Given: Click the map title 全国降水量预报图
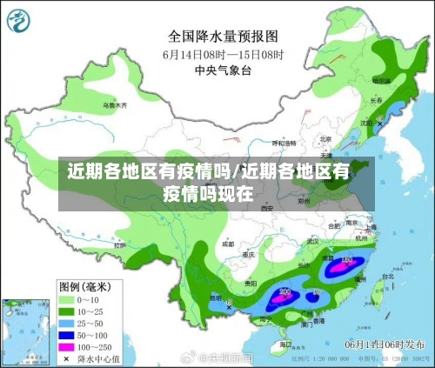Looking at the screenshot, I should coord(223,37).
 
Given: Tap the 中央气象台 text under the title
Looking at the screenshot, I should coord(223,70).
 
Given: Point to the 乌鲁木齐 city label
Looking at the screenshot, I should coord(115,105).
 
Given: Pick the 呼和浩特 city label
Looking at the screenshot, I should coord(284,143).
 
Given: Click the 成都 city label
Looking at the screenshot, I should coord(228,245).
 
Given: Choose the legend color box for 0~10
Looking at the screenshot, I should coord(70,299).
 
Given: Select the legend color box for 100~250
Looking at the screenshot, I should coord(70,347).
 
